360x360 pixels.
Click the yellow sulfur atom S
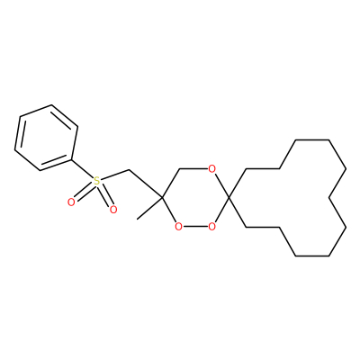pos(96,181)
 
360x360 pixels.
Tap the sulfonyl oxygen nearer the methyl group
pos(112,210)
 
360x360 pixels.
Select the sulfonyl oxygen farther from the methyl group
pos(71,202)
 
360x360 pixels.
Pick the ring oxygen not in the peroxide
pos(211,169)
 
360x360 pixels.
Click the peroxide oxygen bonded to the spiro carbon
pos(211,227)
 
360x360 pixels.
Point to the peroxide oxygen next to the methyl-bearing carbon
pos(178,227)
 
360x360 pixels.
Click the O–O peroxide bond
pos(195,227)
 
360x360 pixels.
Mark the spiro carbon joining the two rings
pos(229,198)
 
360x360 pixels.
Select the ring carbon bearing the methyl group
pos(162,198)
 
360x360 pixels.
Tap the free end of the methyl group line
pos(137,219)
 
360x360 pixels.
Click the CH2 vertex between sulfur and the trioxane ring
pos(129,170)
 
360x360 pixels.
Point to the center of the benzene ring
pos(47,138)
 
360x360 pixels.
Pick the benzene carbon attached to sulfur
pos(71,159)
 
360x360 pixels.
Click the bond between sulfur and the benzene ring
pos(82,169)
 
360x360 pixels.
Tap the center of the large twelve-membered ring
pos(295,198)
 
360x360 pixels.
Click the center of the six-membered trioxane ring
pos(195,198)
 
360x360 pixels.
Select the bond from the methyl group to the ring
pos(149,209)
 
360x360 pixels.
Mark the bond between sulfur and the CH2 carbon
pos(115,175)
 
